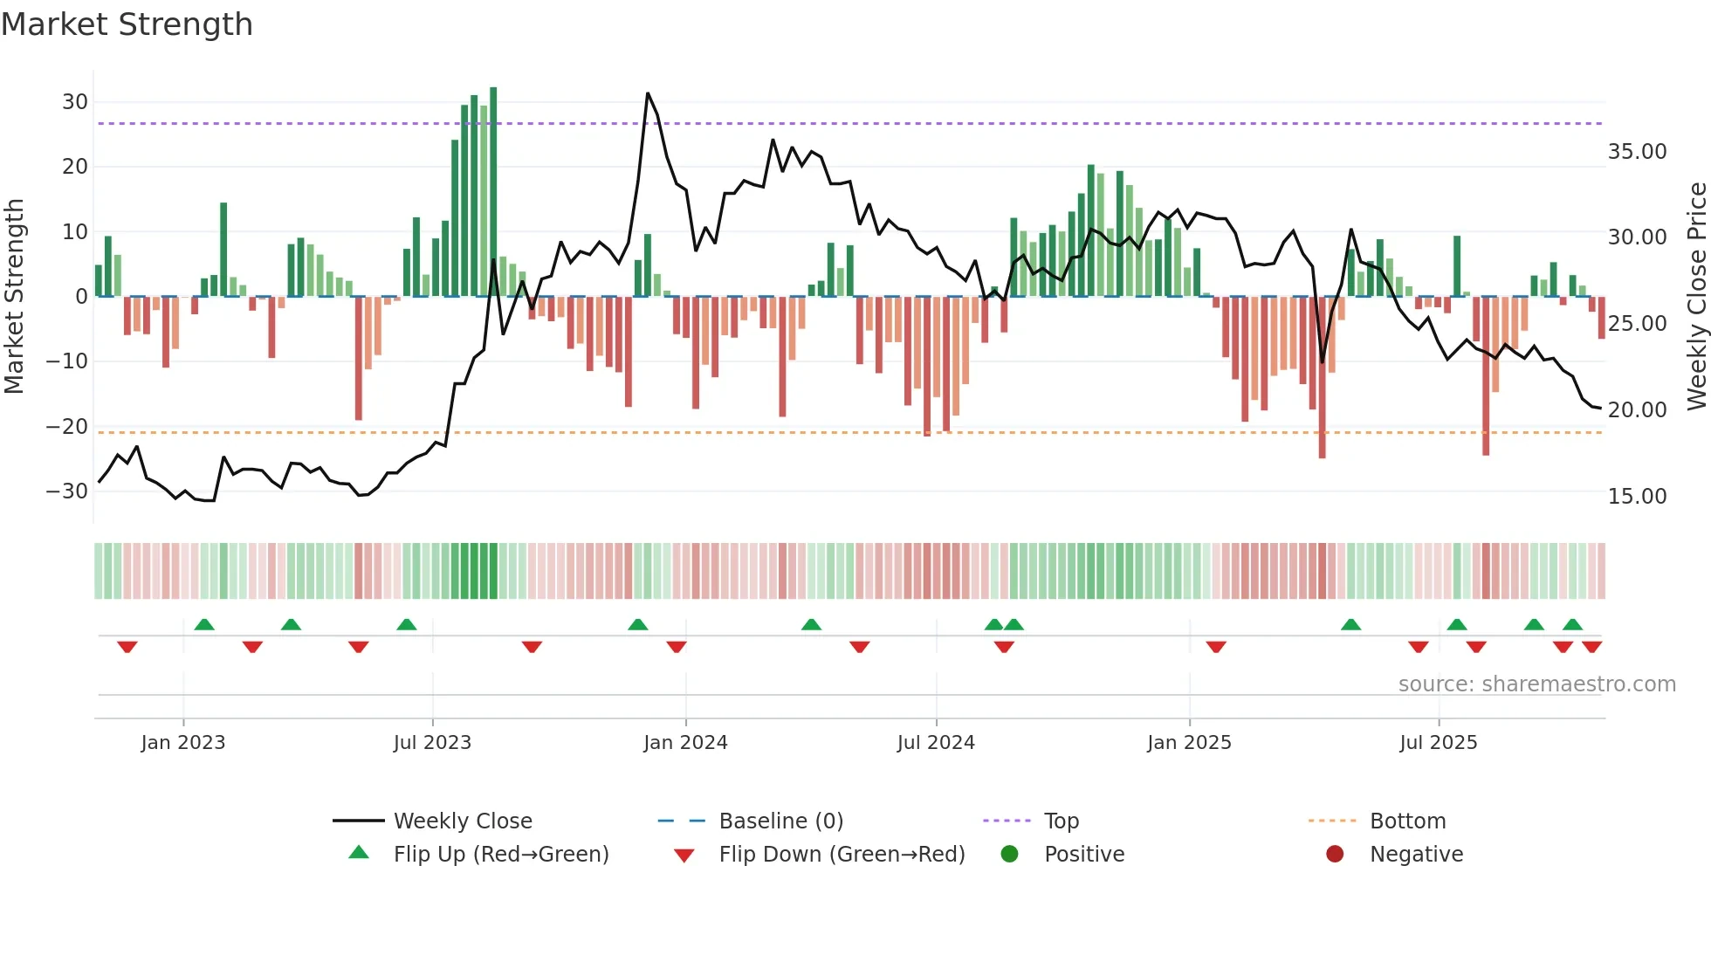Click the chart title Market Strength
127,24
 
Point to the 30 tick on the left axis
75,102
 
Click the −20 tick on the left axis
67,427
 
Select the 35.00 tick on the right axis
1637,152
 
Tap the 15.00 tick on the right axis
1637,497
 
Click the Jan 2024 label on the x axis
685,743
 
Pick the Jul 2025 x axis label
1438,743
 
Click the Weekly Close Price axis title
1696,297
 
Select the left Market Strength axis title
14,297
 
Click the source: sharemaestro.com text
1536,684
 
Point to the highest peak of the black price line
648,93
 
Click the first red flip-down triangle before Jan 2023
127,647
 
